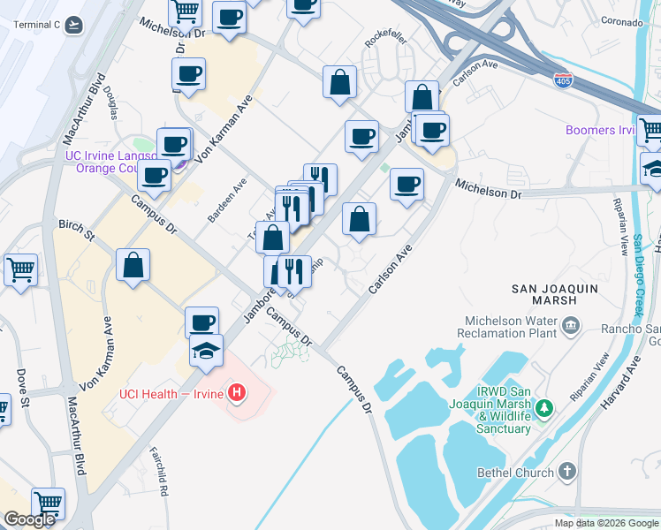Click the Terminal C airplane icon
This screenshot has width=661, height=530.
click(73, 24)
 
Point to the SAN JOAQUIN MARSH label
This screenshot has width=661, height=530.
click(556, 294)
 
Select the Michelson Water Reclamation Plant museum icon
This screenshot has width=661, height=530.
click(570, 327)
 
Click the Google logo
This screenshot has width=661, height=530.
click(29, 519)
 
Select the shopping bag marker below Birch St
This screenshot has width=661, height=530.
click(133, 263)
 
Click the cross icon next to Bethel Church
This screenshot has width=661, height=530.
click(566, 472)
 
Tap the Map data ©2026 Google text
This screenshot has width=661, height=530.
click(606, 523)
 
